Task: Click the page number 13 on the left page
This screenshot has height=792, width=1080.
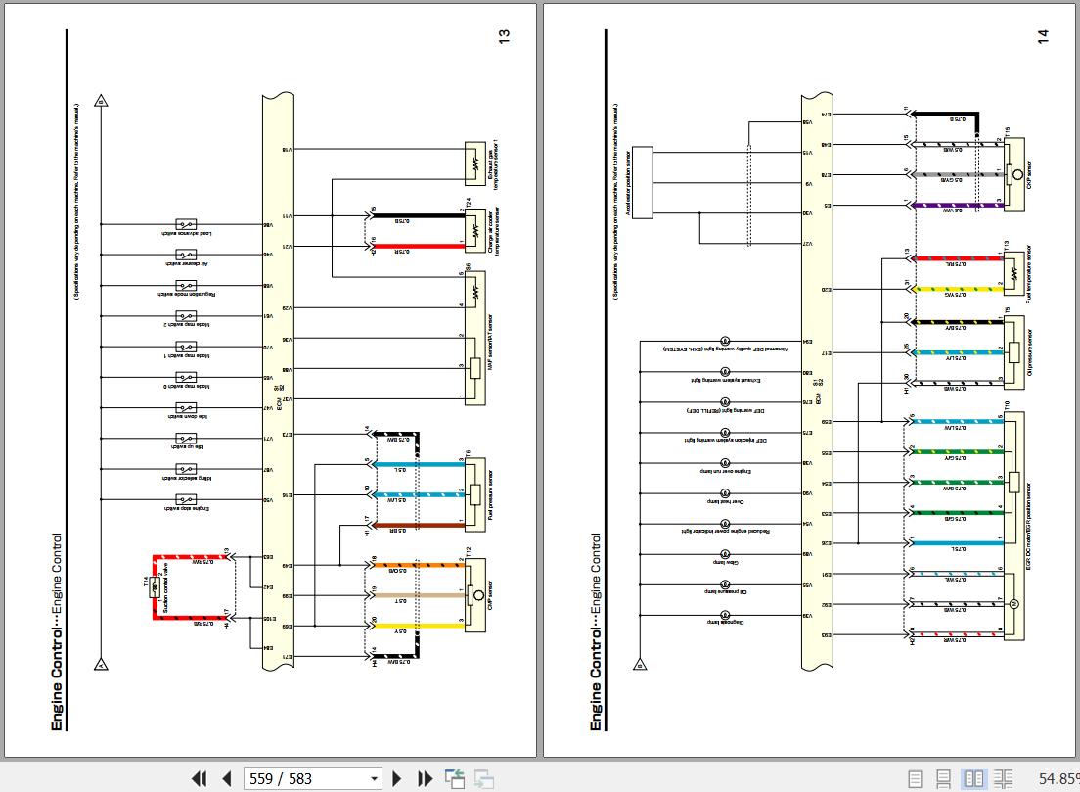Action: tap(505, 36)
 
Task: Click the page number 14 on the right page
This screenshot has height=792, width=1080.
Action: tap(1043, 36)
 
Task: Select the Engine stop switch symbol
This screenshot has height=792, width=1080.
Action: tap(185, 500)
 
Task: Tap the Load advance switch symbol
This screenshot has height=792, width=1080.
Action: tap(185, 224)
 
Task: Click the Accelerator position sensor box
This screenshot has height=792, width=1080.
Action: tap(643, 178)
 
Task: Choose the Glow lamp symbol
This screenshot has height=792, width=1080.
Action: tap(725, 555)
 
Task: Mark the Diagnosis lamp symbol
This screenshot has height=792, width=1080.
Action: tap(725, 617)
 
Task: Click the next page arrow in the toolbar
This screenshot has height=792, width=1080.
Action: tap(397, 779)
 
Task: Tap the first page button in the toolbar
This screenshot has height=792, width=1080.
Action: tap(199, 779)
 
